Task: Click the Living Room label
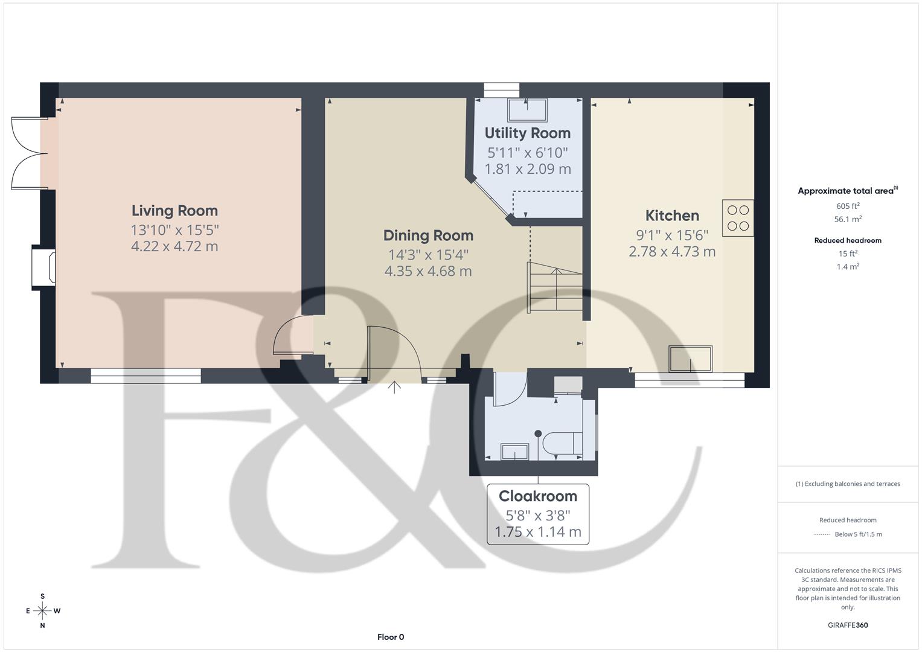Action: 174,211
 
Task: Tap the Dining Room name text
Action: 428,235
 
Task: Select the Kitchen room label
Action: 672,216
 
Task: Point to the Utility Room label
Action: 527,133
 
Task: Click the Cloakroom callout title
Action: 537,496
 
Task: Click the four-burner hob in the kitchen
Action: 738,218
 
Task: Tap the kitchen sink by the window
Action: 690,359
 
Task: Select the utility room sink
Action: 527,110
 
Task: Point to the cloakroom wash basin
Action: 514,452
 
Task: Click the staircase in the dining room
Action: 555,287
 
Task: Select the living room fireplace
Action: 45,267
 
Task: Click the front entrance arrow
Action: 394,387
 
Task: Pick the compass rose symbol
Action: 42,611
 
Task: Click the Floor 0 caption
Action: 391,637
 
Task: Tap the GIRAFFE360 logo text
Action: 848,625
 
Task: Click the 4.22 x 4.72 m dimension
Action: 174,246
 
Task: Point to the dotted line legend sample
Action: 822,534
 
